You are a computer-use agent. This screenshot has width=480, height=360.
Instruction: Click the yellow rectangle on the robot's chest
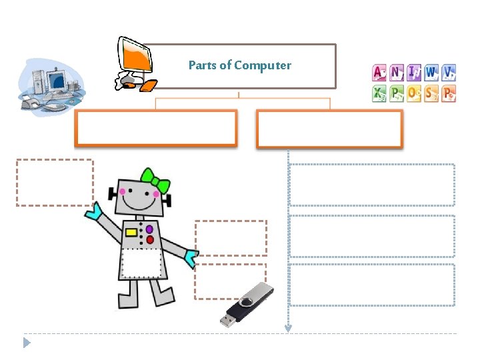pyautogui.click(x=131, y=233)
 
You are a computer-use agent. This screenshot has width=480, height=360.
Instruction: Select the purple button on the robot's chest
pyautogui.click(x=149, y=229)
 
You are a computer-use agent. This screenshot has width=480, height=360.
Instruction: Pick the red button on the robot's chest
pyautogui.click(x=150, y=239)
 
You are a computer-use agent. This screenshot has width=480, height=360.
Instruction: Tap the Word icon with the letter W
pyautogui.click(x=431, y=72)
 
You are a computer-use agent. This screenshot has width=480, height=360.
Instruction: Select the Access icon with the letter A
pyautogui.click(x=379, y=72)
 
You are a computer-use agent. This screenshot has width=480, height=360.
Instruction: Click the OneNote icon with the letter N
pyautogui.click(x=397, y=72)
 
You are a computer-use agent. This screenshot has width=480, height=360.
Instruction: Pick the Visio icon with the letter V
pyautogui.click(x=449, y=72)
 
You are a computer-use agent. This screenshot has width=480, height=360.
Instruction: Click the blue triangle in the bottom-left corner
pyautogui.click(x=27, y=343)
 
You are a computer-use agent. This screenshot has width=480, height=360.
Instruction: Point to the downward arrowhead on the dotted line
pyautogui.click(x=288, y=327)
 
